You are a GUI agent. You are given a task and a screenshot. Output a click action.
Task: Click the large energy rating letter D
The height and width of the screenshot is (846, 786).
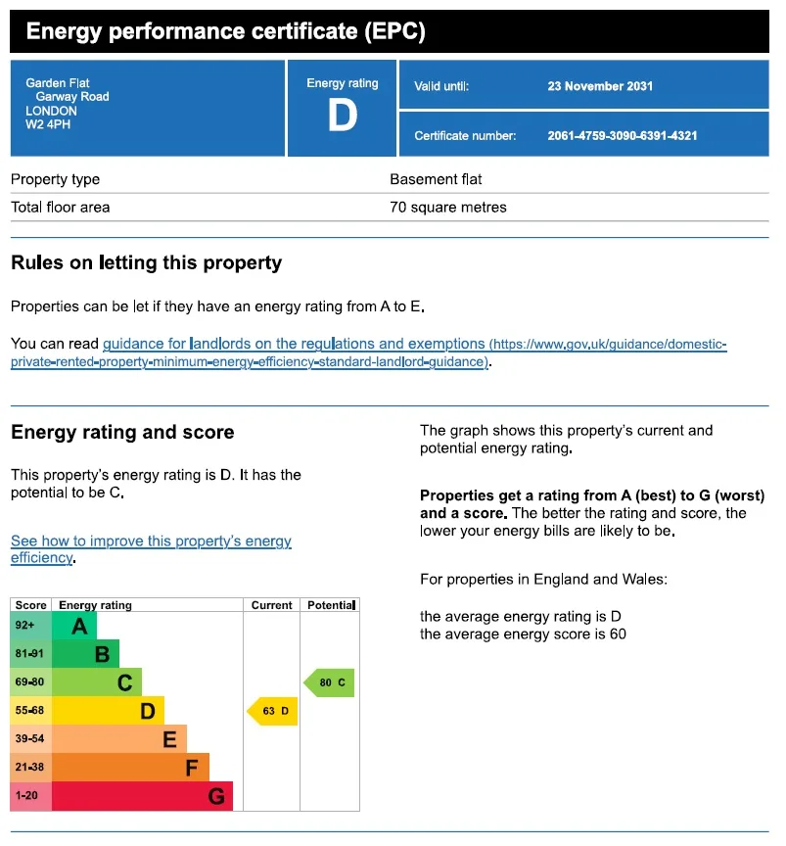[343, 116]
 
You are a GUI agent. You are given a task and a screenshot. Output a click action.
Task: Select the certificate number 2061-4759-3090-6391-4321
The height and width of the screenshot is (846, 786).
[622, 135]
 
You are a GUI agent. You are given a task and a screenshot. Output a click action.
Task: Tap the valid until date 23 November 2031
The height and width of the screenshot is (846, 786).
[600, 86]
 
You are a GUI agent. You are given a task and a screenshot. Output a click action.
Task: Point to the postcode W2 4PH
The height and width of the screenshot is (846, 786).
[48, 124]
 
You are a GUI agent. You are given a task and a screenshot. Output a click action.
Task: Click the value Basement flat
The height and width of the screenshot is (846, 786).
[436, 179]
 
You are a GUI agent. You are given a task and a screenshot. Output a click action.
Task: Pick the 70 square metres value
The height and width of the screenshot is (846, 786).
[447, 208]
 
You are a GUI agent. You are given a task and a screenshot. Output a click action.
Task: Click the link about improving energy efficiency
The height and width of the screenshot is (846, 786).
[151, 549]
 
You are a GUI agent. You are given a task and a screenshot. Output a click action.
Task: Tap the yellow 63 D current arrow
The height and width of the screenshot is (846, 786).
[272, 711]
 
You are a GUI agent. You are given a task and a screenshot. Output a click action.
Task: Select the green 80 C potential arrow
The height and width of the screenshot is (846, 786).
[329, 682]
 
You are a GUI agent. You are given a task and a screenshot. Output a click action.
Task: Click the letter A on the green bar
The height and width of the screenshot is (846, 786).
[79, 627]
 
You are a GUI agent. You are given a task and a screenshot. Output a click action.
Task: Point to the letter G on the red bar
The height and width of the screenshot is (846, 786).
[216, 796]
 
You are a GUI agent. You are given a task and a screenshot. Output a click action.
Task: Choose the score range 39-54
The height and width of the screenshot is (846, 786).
[29, 738]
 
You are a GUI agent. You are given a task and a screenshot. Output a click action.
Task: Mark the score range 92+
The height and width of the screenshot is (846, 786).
[24, 626]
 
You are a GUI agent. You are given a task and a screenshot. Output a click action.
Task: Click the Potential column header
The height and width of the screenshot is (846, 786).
[331, 605]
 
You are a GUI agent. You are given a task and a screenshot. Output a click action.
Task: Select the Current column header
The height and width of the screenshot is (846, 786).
[271, 605]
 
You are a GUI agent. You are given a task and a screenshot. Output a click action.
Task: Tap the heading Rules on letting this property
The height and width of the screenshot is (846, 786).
[146, 262]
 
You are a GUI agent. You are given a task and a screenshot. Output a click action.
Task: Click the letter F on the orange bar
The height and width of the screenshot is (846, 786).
[192, 768]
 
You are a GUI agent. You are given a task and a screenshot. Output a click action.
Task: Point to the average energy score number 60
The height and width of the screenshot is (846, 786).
[618, 634]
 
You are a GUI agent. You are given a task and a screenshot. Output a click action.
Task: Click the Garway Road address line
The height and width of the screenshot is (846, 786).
[72, 97]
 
